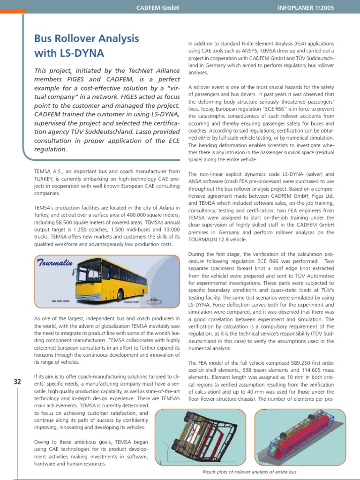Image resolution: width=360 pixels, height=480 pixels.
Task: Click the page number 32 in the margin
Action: (x=17, y=382)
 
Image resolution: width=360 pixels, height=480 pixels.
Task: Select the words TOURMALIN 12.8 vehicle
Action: (x=217, y=239)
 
